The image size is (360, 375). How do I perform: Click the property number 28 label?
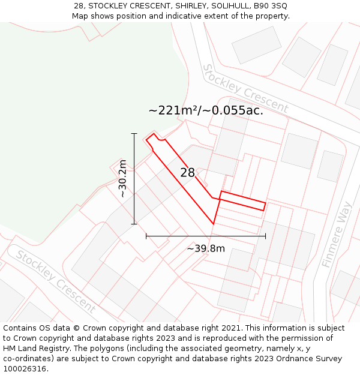pos(187,173)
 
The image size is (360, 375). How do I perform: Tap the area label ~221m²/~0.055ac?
pos(206,110)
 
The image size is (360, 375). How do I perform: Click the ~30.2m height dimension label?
pos(122,179)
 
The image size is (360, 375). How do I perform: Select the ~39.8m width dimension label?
pos(206,248)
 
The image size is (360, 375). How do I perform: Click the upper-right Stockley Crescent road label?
pos(245,89)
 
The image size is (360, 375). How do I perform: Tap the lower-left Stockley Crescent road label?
pos(55,281)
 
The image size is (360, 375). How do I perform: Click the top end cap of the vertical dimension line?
pos(134,133)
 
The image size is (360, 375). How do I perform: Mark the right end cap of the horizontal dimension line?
pos(265,236)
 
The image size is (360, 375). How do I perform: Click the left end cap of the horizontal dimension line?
pos(146,236)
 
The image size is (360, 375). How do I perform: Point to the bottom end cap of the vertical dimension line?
pos(134,224)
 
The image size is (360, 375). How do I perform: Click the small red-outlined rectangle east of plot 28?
pos(242,200)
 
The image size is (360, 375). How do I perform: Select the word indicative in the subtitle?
pos(211,16)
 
